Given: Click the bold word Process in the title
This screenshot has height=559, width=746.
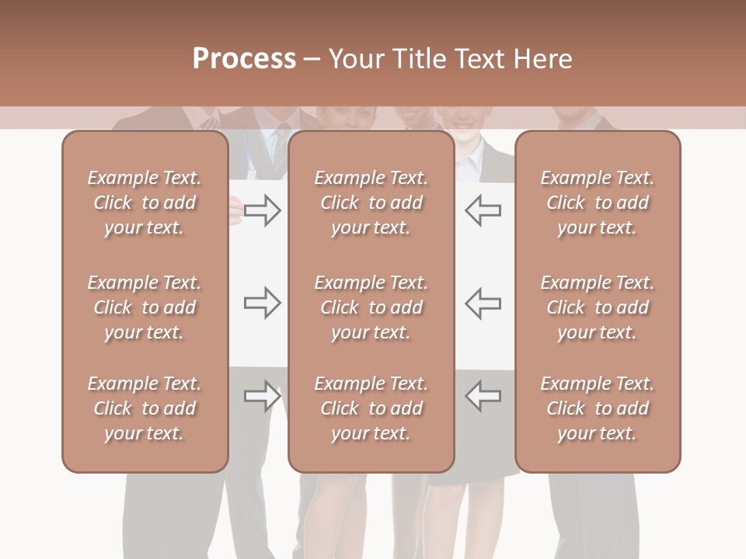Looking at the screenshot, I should pyautogui.click(x=244, y=58).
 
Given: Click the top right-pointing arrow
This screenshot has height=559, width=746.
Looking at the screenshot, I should pyautogui.click(x=262, y=210).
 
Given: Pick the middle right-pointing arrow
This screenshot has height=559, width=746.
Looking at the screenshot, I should pyautogui.click(x=262, y=303).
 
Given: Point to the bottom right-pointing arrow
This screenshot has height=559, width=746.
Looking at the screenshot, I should pyautogui.click(x=262, y=396).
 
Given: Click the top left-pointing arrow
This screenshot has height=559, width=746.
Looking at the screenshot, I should pyautogui.click(x=483, y=210).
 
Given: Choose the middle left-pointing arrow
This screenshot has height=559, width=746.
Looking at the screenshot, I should pyautogui.click(x=483, y=303).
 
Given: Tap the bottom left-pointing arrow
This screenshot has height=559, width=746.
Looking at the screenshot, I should pyautogui.click(x=483, y=396).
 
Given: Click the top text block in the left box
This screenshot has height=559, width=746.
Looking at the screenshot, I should pyautogui.click(x=145, y=203).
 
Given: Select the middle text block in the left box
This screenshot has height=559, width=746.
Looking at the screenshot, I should pyautogui.click(x=145, y=307).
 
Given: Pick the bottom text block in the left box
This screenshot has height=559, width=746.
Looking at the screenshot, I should pyautogui.click(x=145, y=408).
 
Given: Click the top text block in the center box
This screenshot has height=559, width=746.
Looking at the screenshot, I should pyautogui.click(x=371, y=203).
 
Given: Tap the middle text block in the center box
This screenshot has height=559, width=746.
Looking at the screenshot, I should pyautogui.click(x=371, y=307).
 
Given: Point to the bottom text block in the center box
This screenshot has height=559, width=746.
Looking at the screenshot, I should pyautogui.click(x=371, y=408).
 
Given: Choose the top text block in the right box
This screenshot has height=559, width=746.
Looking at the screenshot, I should pyautogui.click(x=597, y=203).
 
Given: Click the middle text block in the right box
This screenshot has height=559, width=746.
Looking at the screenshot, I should pyautogui.click(x=597, y=307).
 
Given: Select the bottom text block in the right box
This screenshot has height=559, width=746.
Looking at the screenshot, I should pyautogui.click(x=597, y=408).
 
